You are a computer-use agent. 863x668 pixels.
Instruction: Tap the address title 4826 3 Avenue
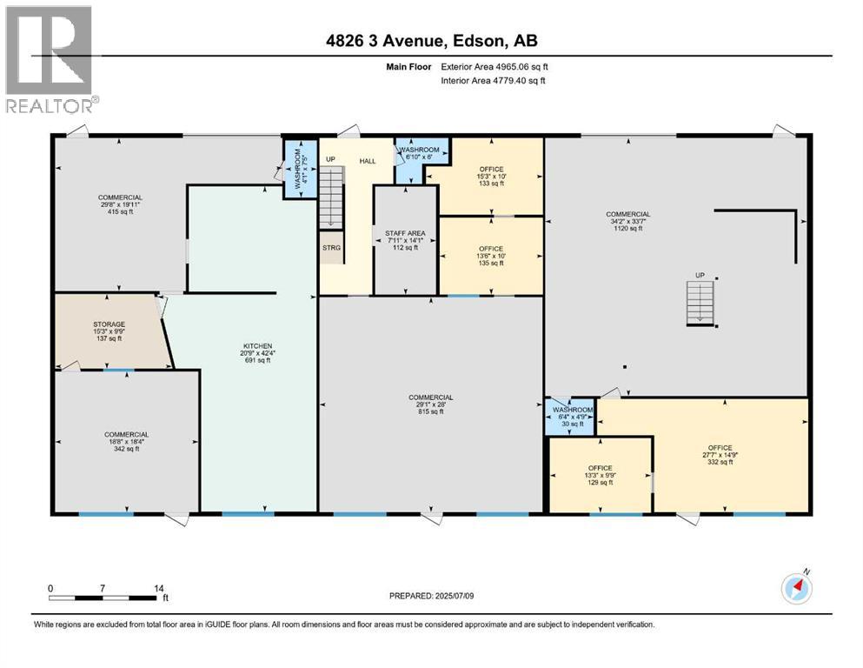pos(431,40)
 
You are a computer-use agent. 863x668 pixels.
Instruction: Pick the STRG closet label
pos(331,248)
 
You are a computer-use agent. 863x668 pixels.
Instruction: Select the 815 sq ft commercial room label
pos(432,404)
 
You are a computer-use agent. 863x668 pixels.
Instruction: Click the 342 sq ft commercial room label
pos(126,441)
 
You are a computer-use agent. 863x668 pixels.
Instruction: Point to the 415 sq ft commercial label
pos(120,204)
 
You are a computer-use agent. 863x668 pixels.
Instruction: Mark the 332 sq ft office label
pos(720,455)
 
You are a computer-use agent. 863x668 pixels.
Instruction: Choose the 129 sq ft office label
pos(600,475)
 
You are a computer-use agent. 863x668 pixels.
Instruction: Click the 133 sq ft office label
pos(491,177)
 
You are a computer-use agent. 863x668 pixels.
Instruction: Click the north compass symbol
pos(795,588)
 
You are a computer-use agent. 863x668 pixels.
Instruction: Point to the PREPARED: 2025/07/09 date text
pos(431,596)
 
